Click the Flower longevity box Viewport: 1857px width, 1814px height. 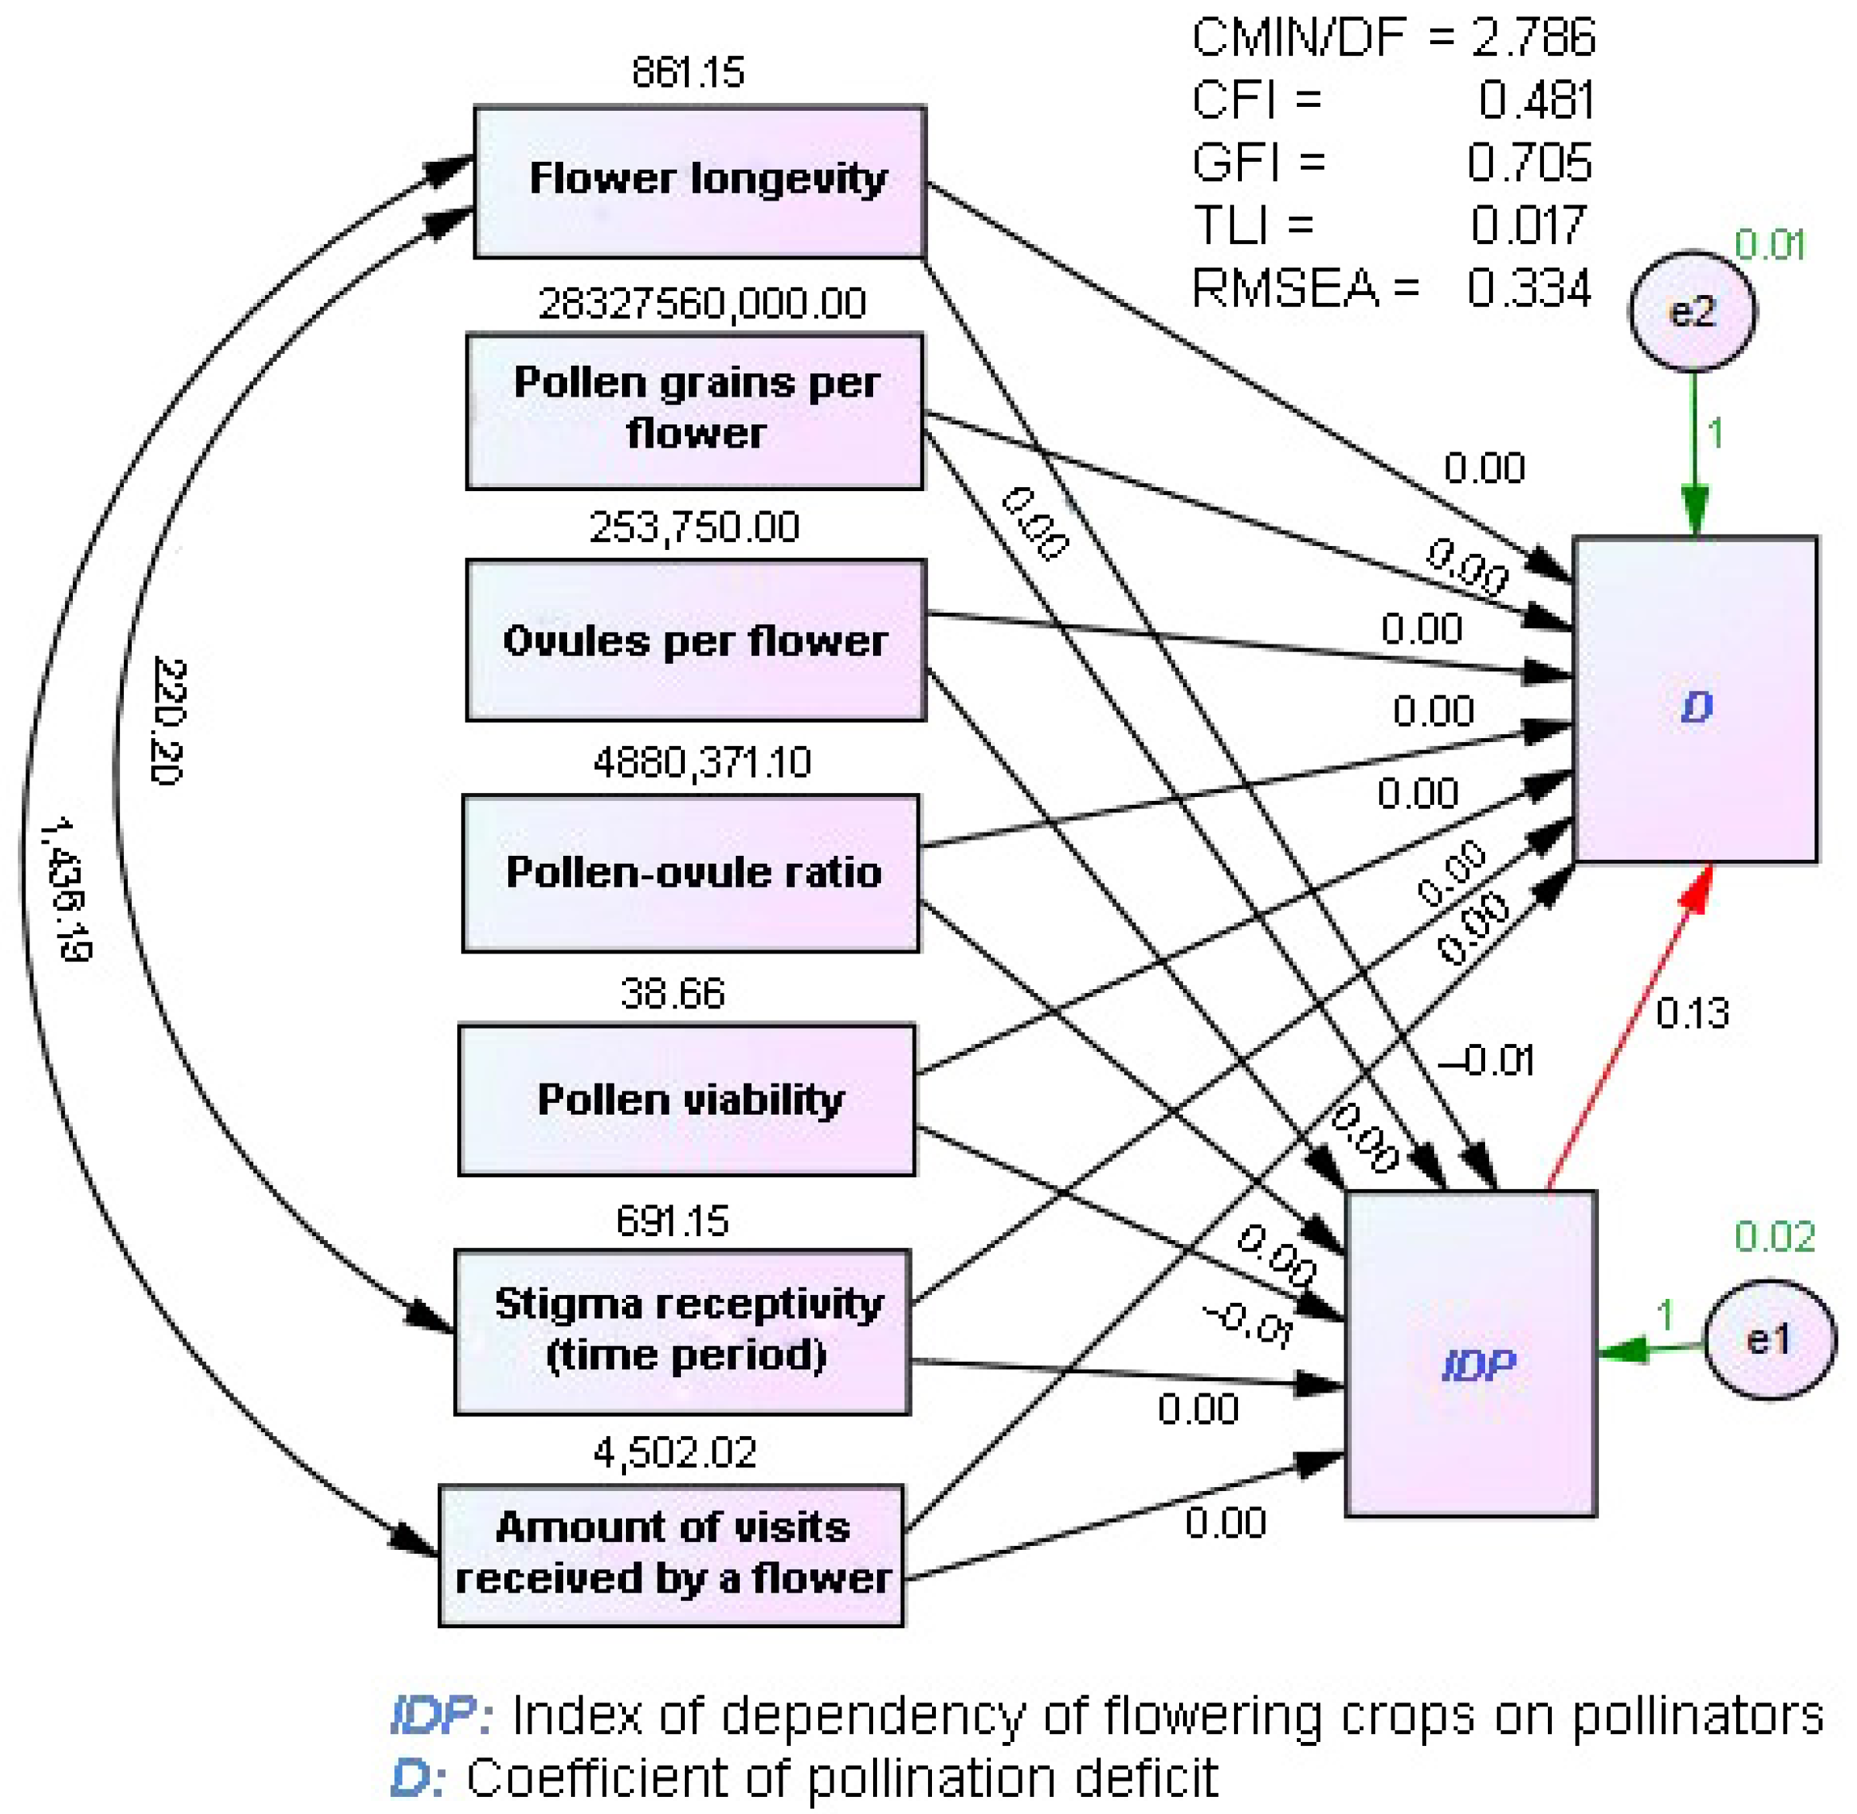[x=700, y=181]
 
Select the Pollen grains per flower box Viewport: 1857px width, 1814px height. [x=695, y=411]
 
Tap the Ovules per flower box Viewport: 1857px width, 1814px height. [x=696, y=641]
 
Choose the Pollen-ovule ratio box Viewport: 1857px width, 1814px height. [x=691, y=873]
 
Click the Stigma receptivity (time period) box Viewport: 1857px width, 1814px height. [x=683, y=1332]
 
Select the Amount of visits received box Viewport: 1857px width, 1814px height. [x=671, y=1555]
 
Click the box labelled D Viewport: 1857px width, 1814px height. [x=1695, y=700]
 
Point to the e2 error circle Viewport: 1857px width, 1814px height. [x=1692, y=311]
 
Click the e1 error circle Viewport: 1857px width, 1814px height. [x=1769, y=1341]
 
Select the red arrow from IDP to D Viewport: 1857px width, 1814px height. [x=1629, y=1029]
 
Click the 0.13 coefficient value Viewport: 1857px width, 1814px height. [x=1692, y=1014]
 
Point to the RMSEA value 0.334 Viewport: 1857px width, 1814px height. [x=1529, y=287]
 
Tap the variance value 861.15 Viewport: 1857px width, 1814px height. [x=688, y=72]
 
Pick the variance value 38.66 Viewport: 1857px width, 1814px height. [x=672, y=994]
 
